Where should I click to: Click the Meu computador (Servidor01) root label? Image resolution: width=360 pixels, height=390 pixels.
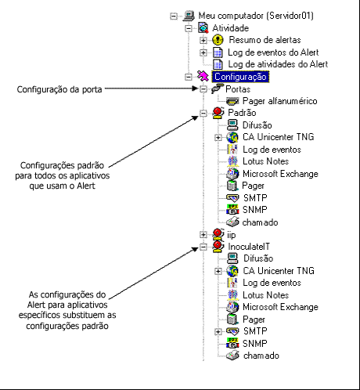(256, 16)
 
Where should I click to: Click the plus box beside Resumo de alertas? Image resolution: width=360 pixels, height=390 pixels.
(203, 40)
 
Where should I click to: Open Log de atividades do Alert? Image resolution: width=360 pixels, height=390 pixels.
(277, 64)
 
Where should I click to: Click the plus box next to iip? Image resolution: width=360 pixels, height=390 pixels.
(203, 234)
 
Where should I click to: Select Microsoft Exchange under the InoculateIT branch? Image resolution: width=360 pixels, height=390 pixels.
(279, 307)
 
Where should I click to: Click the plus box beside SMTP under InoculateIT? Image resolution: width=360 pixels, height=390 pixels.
(217, 331)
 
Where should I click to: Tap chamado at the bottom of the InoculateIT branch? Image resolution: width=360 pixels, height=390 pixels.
(260, 356)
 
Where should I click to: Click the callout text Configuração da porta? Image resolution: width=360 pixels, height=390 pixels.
(59, 89)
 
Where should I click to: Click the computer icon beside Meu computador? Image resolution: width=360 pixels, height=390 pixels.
(189, 16)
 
